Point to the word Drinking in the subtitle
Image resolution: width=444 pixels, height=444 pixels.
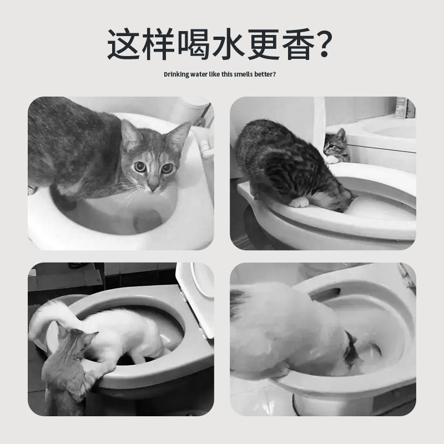tap(177, 74)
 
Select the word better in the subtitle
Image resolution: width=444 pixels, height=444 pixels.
tap(264, 74)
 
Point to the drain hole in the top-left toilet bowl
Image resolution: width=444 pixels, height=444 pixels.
tap(147, 220)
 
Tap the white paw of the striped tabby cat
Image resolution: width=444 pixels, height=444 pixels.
tap(299, 201)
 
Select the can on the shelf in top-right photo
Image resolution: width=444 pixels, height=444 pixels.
tap(401, 108)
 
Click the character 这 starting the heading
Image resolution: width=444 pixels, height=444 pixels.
tap(126, 44)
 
